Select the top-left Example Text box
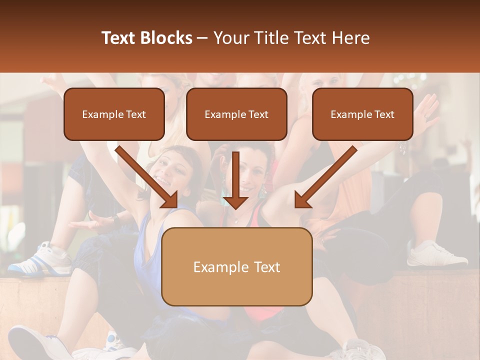114,114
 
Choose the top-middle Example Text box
236,114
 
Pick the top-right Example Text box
362,114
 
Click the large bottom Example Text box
236,267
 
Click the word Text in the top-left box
135,114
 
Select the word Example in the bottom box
214,267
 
